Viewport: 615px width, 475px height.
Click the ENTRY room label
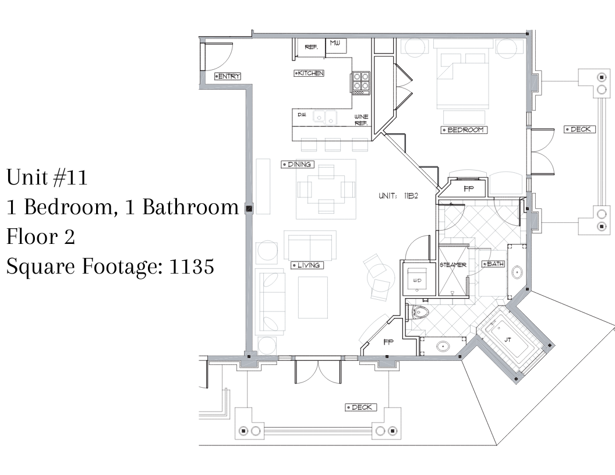pos(228,76)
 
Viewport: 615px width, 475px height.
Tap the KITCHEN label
pos(309,73)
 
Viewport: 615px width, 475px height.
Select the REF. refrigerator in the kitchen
pos(311,47)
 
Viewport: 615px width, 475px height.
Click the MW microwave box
pos(335,45)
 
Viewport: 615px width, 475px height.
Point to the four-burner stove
pos(361,83)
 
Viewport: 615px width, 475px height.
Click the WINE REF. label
pos(361,120)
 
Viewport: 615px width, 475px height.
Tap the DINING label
pos(297,165)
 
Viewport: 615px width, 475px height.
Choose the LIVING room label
pos(307,265)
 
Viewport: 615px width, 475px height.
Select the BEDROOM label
pos(464,130)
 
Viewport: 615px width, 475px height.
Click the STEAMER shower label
pos(453,265)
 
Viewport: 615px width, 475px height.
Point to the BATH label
pos(493,264)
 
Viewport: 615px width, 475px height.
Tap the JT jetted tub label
pos(507,340)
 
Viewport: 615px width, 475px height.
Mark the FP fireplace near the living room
pos(388,342)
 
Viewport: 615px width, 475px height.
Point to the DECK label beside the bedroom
pos(579,129)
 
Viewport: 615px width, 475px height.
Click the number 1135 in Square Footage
pos(192,267)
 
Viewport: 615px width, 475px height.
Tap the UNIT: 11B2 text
pos(398,196)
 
